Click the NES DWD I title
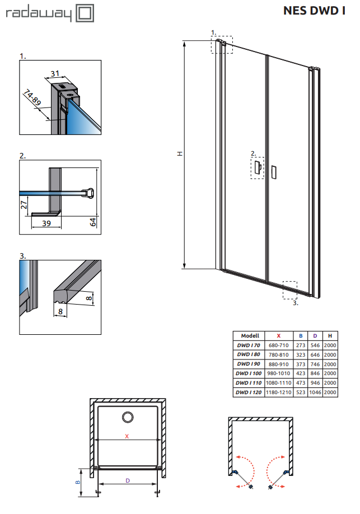[x=314, y=11]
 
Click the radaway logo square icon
[x=85, y=13]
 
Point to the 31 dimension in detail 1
[x=55, y=73]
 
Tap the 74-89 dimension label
[x=32, y=97]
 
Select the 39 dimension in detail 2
[x=46, y=223]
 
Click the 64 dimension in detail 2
[x=93, y=222]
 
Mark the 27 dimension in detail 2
[x=24, y=205]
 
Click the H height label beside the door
[x=180, y=153]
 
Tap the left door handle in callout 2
[x=258, y=168]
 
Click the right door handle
[x=273, y=172]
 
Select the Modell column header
[x=250, y=336]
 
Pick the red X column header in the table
[x=279, y=336]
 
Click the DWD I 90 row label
[x=249, y=364]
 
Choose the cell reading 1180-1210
[x=279, y=392]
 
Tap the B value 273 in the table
[x=301, y=345]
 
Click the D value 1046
[x=315, y=392]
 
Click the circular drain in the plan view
[x=128, y=417]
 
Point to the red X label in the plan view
[x=127, y=436]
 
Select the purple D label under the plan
[x=128, y=480]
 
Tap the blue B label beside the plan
[x=78, y=482]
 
